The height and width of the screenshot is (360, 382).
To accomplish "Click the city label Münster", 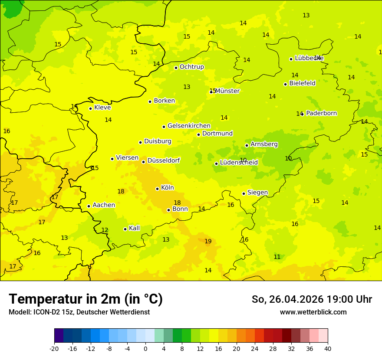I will coord(227,91).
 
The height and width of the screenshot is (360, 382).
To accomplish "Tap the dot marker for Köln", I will coord(157,189).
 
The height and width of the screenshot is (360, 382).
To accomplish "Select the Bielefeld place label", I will coord(302,83).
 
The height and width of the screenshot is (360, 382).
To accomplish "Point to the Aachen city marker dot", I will coord(89,206).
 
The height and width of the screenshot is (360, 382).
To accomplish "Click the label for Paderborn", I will coord(321,113).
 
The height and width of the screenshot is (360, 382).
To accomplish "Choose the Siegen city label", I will coord(257,193).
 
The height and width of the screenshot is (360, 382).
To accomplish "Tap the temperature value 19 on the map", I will coord(208,242).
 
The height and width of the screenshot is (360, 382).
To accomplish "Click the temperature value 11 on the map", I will coord(277,257).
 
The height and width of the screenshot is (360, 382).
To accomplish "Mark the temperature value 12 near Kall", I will coord(105,230).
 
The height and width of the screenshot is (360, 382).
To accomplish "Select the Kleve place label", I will coord(102,108).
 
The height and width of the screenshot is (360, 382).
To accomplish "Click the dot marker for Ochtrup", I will coord(176,68).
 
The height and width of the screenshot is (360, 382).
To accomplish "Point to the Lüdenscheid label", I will coord(239,163).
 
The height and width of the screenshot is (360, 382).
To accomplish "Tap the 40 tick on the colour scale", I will coord(328,348).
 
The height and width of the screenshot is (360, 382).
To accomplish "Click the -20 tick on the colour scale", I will coord(54,348).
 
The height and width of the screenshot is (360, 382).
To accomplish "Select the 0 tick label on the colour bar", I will coord(145,348).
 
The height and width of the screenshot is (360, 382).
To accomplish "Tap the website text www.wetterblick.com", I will coord(313,312).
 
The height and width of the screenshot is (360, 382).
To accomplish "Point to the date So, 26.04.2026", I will coord(287,299).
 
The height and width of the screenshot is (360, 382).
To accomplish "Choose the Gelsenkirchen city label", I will coord(189,126).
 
